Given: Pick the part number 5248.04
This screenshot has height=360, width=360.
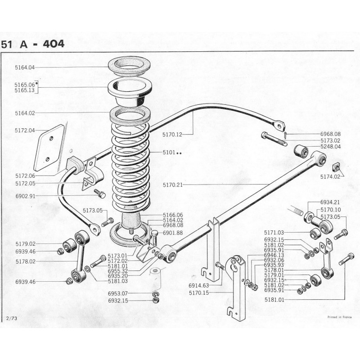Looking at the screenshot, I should [331, 147].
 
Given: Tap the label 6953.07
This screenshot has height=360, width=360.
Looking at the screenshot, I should [117, 293].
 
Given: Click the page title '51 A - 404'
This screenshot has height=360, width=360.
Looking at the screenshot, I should [32, 44].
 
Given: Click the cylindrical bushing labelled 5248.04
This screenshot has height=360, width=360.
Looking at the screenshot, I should [300, 150].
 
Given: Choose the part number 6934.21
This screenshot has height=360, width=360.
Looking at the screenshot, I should [331, 203].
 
